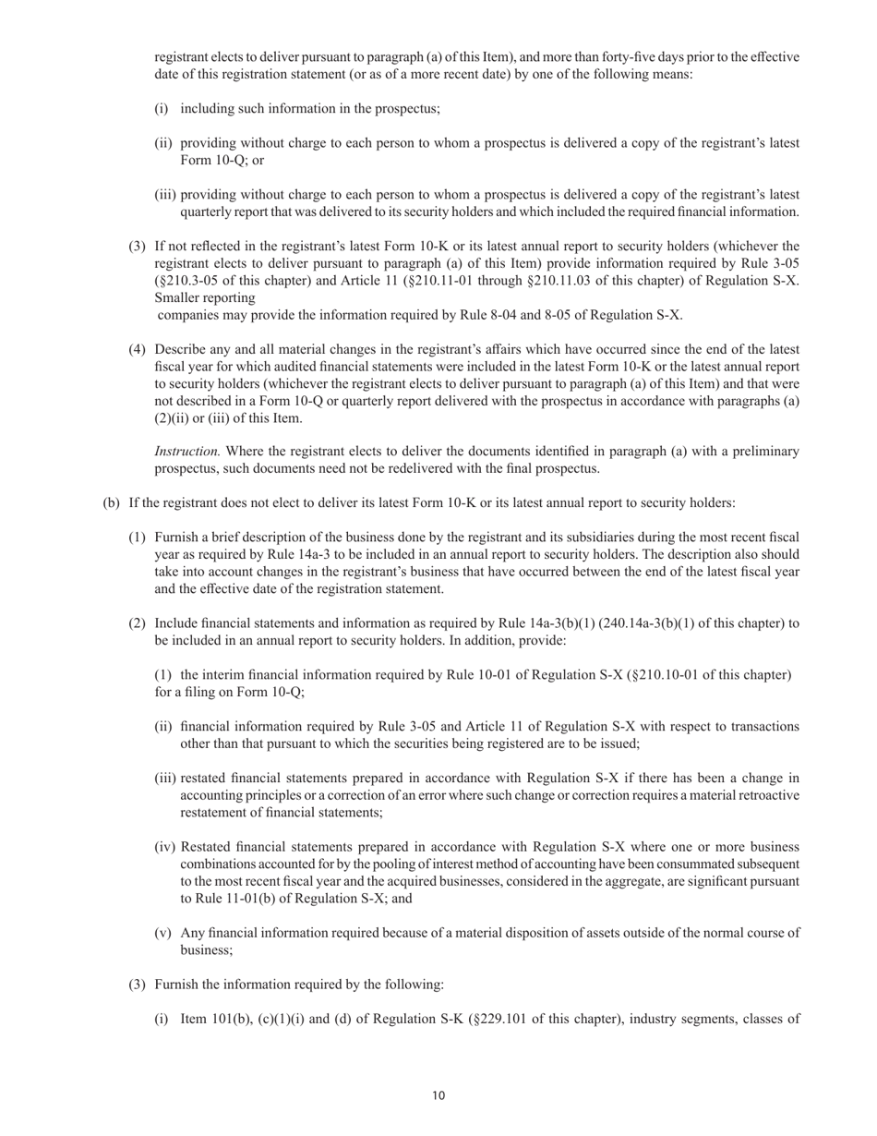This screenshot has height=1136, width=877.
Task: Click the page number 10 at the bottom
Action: pos(438,1095)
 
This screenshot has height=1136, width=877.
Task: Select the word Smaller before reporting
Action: pos(181,298)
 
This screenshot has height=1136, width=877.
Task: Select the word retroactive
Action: pos(765,795)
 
